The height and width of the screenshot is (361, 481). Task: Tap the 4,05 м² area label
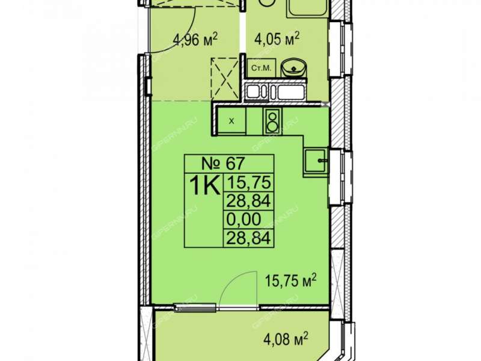coord(277,40)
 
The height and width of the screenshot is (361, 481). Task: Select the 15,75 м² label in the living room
coord(290,281)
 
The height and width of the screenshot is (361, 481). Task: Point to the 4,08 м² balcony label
coord(286,340)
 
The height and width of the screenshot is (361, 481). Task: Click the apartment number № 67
coord(222,163)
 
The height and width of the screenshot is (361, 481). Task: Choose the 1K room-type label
coord(205,185)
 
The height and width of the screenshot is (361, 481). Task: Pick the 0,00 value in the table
coord(244,220)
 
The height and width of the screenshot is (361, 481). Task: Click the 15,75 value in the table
coord(248,183)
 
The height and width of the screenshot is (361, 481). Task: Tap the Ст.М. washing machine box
coord(262,68)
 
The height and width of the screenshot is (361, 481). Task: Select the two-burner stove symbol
coord(272,121)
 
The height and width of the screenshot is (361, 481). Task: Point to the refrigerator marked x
coord(231,121)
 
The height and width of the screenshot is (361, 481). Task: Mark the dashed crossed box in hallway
coord(224,79)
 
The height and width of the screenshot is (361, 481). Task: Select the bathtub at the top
coord(308,8)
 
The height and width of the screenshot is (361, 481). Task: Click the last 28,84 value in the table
coord(248,238)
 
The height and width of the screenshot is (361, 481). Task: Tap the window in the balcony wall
coord(194,307)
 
